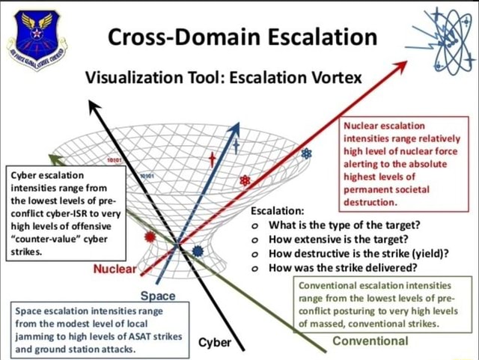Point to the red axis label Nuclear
pyautogui.click(x=114, y=269)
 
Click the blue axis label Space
pyautogui.click(x=158, y=296)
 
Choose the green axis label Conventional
pyautogui.click(x=370, y=341)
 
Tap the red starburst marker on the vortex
pyautogui.click(x=150, y=237)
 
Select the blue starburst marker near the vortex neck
pyautogui.click(x=198, y=250)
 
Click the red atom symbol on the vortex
pyautogui.click(x=245, y=180)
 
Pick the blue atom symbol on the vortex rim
pyautogui.click(x=305, y=154)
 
